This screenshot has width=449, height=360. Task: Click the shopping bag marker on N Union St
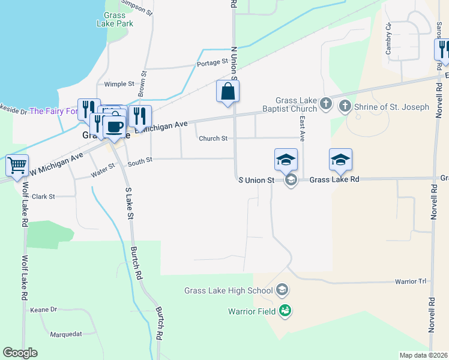pos(228,92)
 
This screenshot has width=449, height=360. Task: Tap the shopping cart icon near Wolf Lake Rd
pos(17,165)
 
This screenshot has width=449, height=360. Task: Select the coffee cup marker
pos(114,127)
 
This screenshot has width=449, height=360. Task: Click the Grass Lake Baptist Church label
pos(296,104)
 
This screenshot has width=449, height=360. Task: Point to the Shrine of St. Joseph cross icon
pos(345,107)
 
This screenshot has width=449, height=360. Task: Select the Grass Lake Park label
pos(115,19)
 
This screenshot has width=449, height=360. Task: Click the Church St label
pos(213,139)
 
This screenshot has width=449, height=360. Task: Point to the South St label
pos(140,161)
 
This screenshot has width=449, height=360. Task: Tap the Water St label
pos(103,174)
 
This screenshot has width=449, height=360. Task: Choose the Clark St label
pos(43,196)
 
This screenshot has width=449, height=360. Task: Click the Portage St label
pos(213,62)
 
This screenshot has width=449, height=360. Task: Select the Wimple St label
pos(119,85)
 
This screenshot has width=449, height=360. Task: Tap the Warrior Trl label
pos(410,281)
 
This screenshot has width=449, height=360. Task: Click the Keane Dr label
pos(43,310)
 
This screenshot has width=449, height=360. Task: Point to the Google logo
pos(20,353)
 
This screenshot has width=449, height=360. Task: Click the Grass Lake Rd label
pos(334,179)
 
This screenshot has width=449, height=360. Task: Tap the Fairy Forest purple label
pos(53,111)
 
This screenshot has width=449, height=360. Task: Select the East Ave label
pos(302,126)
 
